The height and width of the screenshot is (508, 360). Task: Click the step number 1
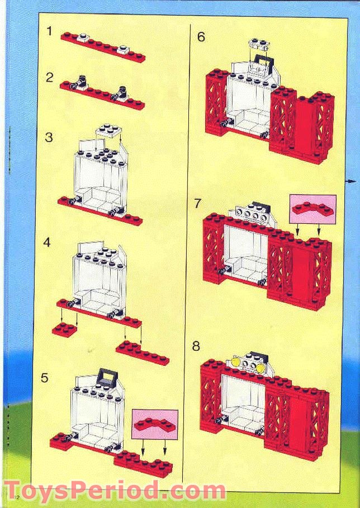coord(49,31)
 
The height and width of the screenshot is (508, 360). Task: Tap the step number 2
coord(50,77)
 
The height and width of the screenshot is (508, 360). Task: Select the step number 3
coord(49,137)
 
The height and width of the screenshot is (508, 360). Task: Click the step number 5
coord(45,378)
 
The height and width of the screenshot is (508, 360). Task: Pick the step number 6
coord(201,37)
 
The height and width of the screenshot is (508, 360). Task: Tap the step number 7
coord(197,203)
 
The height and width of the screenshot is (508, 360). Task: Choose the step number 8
coord(196,346)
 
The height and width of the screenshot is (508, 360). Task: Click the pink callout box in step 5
coord(155,424)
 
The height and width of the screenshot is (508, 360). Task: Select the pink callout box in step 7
coord(313,209)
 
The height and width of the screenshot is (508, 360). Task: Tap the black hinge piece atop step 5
coord(106,378)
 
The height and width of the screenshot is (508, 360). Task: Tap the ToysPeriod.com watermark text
coord(115,491)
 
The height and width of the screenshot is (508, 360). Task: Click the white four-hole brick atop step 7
coord(250,214)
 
